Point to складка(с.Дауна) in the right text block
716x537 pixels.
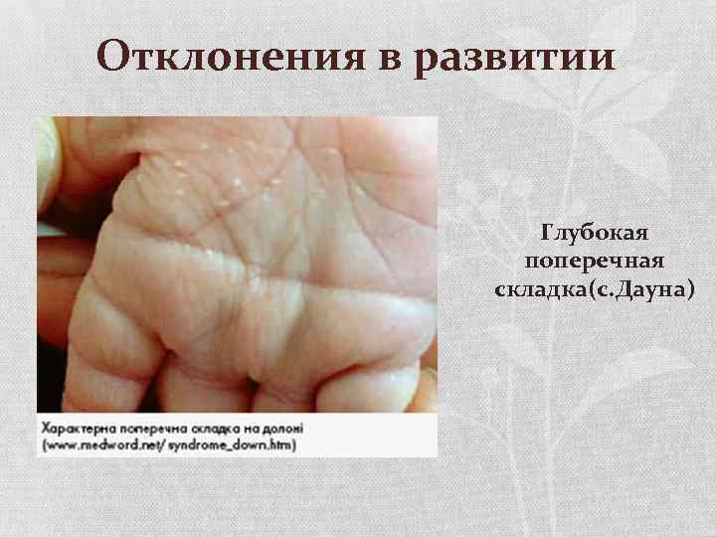tap(595, 288)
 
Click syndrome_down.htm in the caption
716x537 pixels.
tap(226, 444)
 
